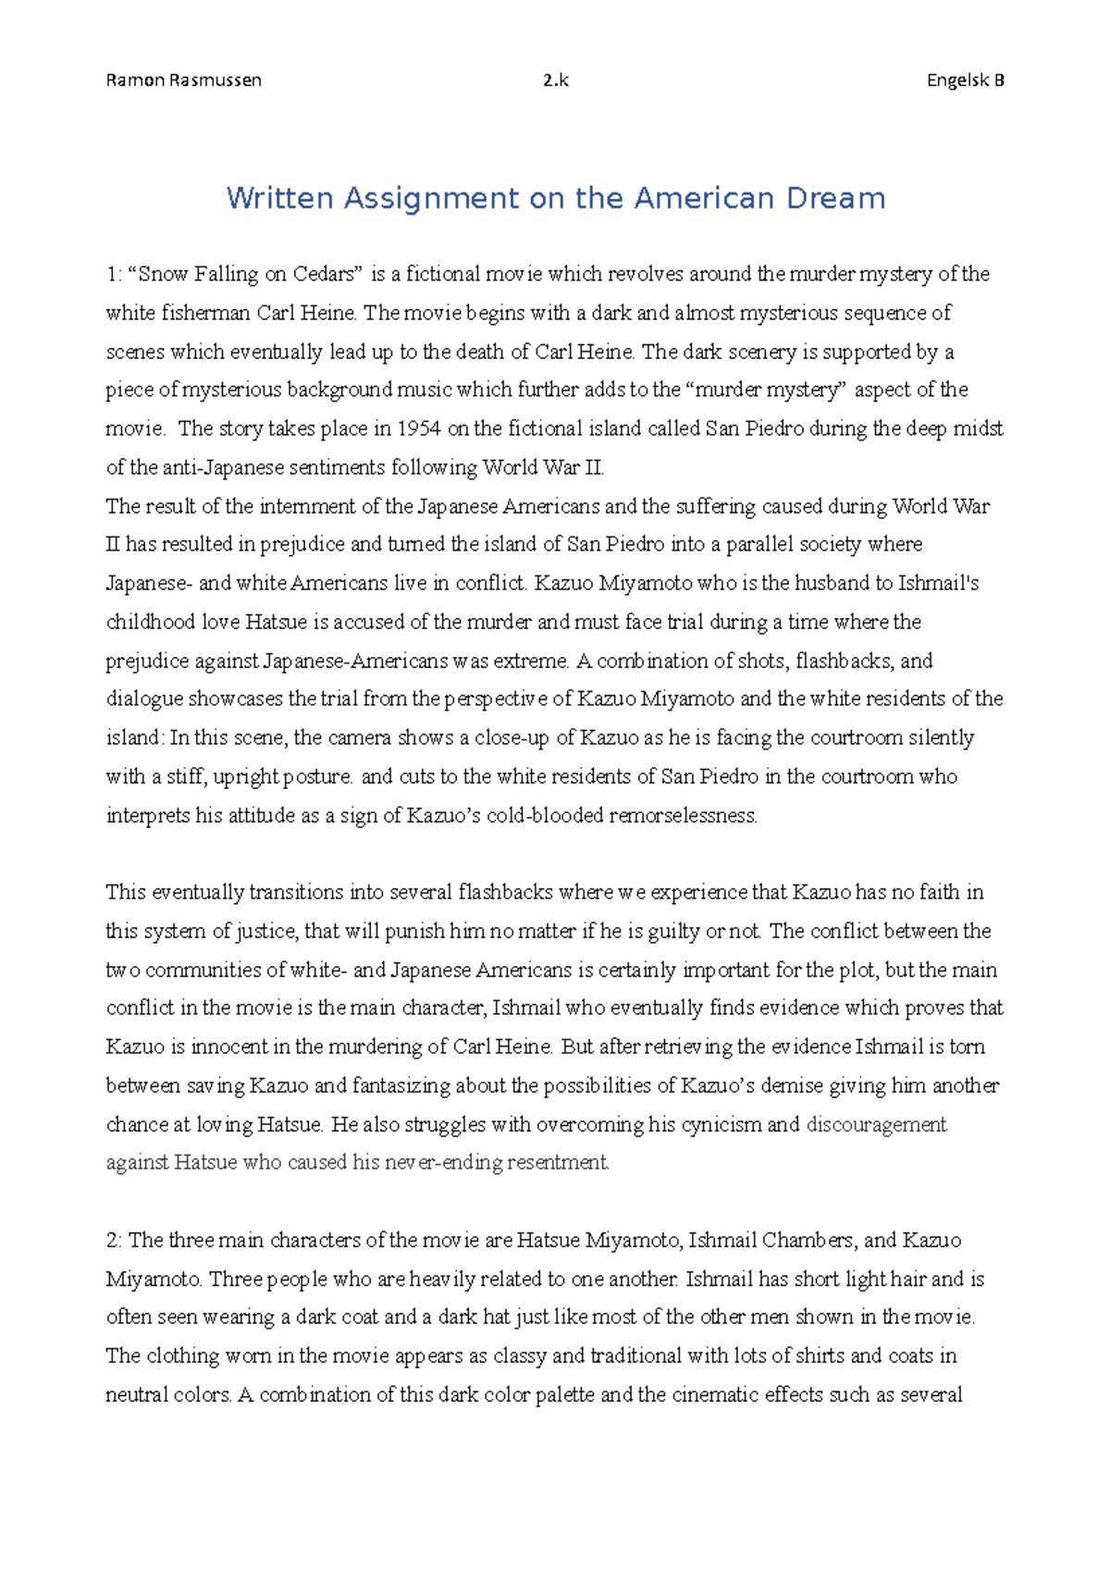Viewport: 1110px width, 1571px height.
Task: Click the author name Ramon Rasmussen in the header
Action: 184,80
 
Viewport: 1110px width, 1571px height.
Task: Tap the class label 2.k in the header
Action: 556,80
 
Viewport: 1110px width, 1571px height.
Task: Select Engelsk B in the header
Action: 966,80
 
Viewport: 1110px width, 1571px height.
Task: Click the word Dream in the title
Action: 836,198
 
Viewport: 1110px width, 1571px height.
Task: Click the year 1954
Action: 419,429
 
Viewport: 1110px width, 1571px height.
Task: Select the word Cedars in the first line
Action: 325,275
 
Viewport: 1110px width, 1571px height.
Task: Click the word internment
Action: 304,507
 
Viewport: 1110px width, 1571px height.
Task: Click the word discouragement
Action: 876,1125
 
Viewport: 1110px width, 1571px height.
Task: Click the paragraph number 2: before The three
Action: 115,1241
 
